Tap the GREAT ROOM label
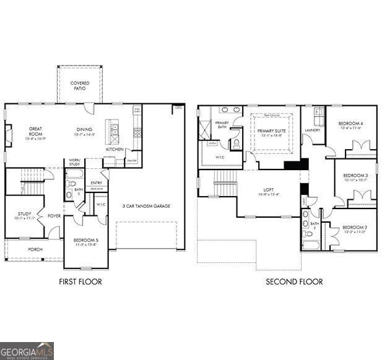(35, 132)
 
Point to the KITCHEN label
(115, 149)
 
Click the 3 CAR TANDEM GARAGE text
(145, 206)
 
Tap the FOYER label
(53, 216)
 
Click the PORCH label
(35, 249)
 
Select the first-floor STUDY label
(24, 214)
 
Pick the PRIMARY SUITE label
(271, 131)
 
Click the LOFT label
(267, 191)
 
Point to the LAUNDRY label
(312, 130)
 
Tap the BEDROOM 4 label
(350, 124)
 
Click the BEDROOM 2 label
(354, 228)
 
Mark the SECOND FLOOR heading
(294, 281)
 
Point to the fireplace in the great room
(8, 135)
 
